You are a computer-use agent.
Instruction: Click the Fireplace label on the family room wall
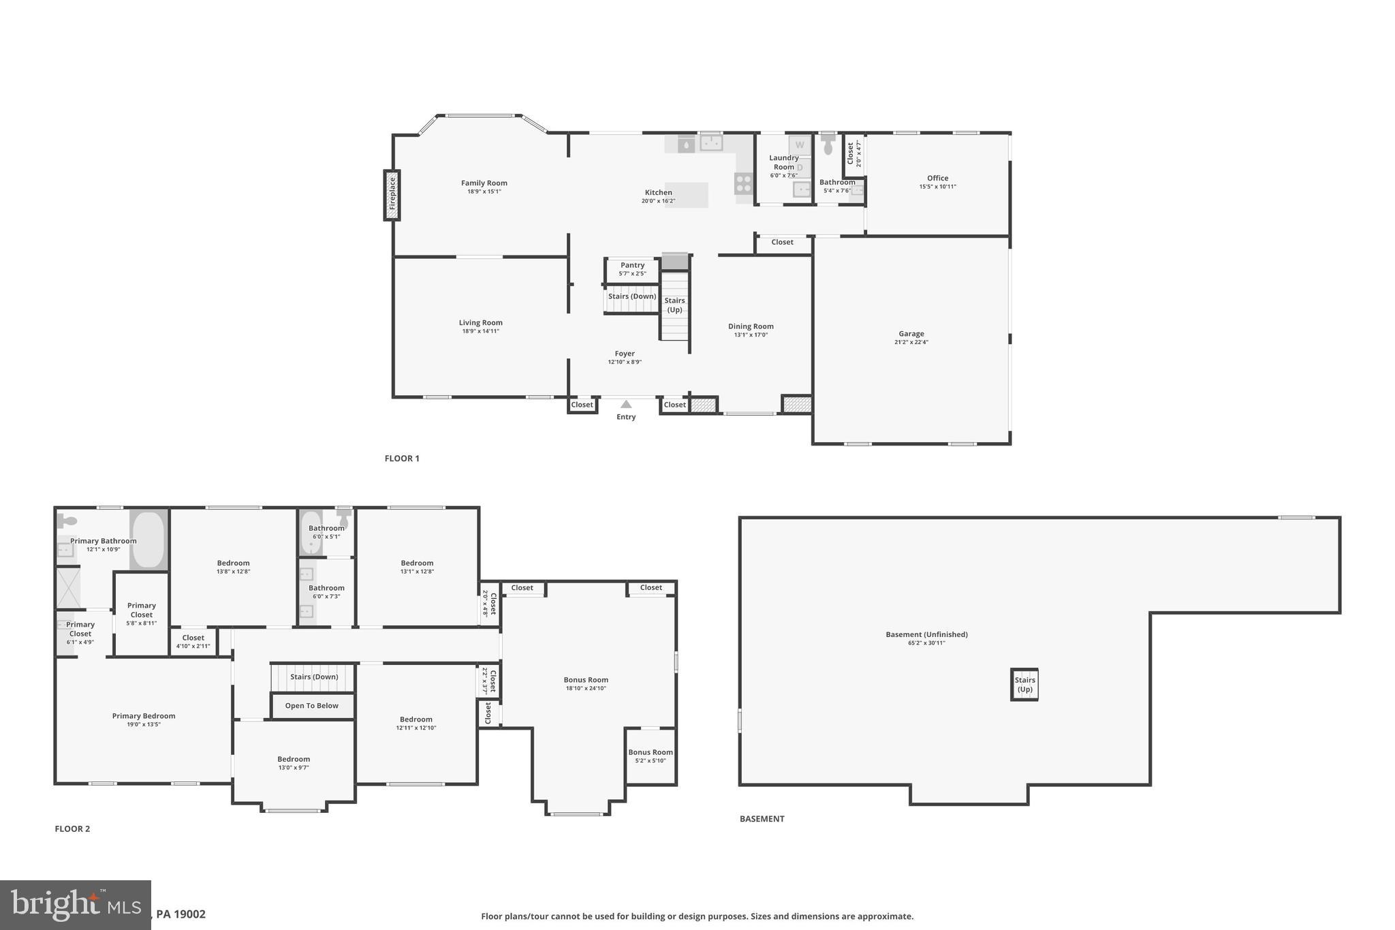[392, 195]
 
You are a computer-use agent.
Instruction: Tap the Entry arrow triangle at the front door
[626, 404]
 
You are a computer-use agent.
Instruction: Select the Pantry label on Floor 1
[632, 266]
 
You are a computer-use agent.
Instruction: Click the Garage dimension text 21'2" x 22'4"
[911, 343]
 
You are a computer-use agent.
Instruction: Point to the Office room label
[937, 179]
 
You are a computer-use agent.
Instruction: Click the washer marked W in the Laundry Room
[800, 145]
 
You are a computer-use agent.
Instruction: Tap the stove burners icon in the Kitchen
[743, 183]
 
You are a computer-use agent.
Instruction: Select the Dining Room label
[751, 326]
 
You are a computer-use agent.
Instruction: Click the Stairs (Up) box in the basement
[1024, 684]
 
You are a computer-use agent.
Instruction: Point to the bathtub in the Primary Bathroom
[148, 540]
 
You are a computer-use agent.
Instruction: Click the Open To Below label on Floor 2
[312, 706]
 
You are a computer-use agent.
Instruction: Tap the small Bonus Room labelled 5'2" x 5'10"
[651, 756]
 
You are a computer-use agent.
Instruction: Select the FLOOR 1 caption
[402, 459]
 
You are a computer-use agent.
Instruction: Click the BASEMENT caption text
[762, 819]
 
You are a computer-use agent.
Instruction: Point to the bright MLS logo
[75, 905]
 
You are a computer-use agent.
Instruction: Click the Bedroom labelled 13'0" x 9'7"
[294, 763]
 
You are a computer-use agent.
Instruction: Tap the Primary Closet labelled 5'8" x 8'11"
[142, 613]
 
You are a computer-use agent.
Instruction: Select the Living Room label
[480, 323]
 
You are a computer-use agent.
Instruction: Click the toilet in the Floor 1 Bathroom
[828, 146]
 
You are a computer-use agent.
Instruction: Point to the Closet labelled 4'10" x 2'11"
[193, 642]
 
